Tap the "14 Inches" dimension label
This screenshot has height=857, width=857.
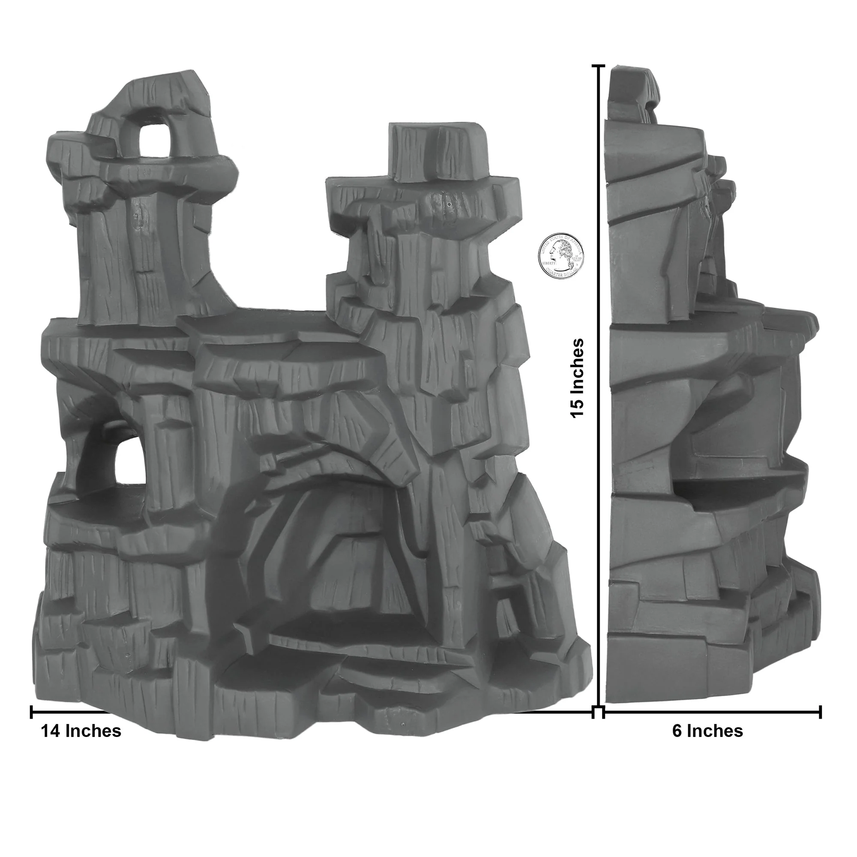[x=81, y=731]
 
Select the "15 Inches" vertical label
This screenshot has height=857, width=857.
[x=578, y=378]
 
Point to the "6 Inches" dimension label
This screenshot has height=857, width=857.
[x=707, y=731]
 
